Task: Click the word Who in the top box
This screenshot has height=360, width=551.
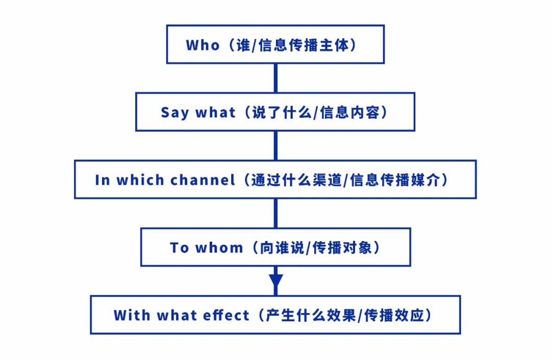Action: pyautogui.click(x=203, y=45)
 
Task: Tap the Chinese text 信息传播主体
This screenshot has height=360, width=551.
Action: pyautogui.click(x=304, y=45)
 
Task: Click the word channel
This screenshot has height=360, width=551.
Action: pyautogui.click(x=203, y=180)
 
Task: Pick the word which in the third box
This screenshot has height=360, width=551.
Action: pyautogui.click(x=140, y=180)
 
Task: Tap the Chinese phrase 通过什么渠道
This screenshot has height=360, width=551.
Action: pyautogui.click(x=296, y=180)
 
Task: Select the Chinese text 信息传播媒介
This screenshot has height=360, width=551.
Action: pyautogui.click(x=395, y=180)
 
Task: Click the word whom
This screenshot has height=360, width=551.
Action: pyautogui.click(x=219, y=248)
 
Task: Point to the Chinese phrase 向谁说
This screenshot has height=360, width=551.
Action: pyautogui.click(x=282, y=248)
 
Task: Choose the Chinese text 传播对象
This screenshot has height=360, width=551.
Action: pyautogui.click(x=342, y=248)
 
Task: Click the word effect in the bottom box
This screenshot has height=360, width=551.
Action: pyautogui.click(x=226, y=315)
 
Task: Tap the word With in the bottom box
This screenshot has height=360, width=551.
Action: pyautogui.click(x=132, y=315)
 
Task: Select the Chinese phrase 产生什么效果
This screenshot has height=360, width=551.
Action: pyautogui.click(x=311, y=316)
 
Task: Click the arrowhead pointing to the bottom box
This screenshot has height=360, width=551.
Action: pyautogui.click(x=276, y=281)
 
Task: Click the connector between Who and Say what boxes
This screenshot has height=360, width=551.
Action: pyautogui.click(x=275, y=78)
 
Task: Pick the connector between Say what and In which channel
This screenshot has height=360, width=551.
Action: pyautogui.click(x=275, y=146)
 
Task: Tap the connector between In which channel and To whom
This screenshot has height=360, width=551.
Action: pyautogui.click(x=275, y=213)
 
